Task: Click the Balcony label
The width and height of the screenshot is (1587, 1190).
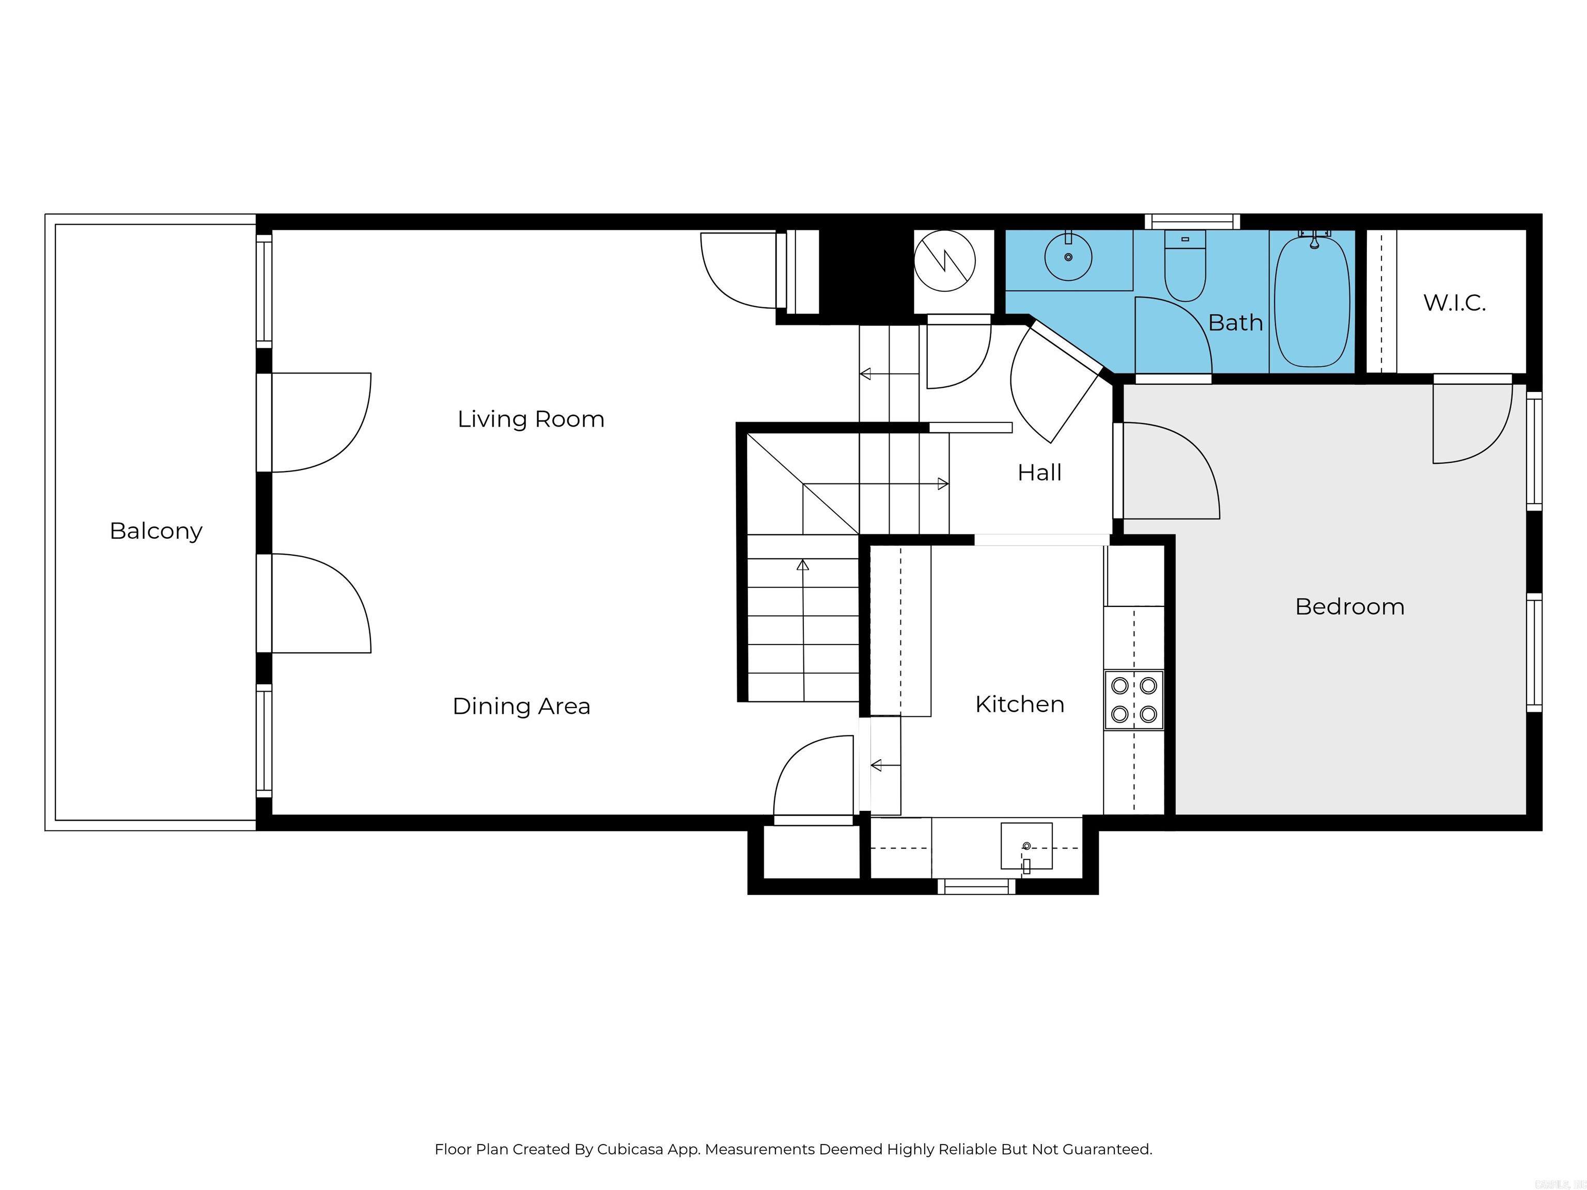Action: click(155, 531)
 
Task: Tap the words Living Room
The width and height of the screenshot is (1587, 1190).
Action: click(531, 419)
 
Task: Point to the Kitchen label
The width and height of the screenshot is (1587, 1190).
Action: click(1019, 704)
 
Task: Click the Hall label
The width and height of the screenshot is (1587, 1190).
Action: click(1039, 473)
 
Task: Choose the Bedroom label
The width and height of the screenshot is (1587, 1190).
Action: click(1349, 607)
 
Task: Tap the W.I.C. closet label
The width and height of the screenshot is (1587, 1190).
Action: click(1454, 303)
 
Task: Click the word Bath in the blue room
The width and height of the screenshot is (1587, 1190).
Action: click(1235, 323)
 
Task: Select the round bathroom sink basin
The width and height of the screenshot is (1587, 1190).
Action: click(1068, 257)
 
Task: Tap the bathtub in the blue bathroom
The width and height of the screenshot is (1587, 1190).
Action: click(1312, 301)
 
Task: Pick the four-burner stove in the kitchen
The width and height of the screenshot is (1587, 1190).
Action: click(1133, 700)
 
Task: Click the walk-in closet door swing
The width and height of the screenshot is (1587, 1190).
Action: click(1470, 423)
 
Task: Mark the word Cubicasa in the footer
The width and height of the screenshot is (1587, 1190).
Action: click(630, 1150)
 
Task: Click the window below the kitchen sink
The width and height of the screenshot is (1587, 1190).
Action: click(976, 887)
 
